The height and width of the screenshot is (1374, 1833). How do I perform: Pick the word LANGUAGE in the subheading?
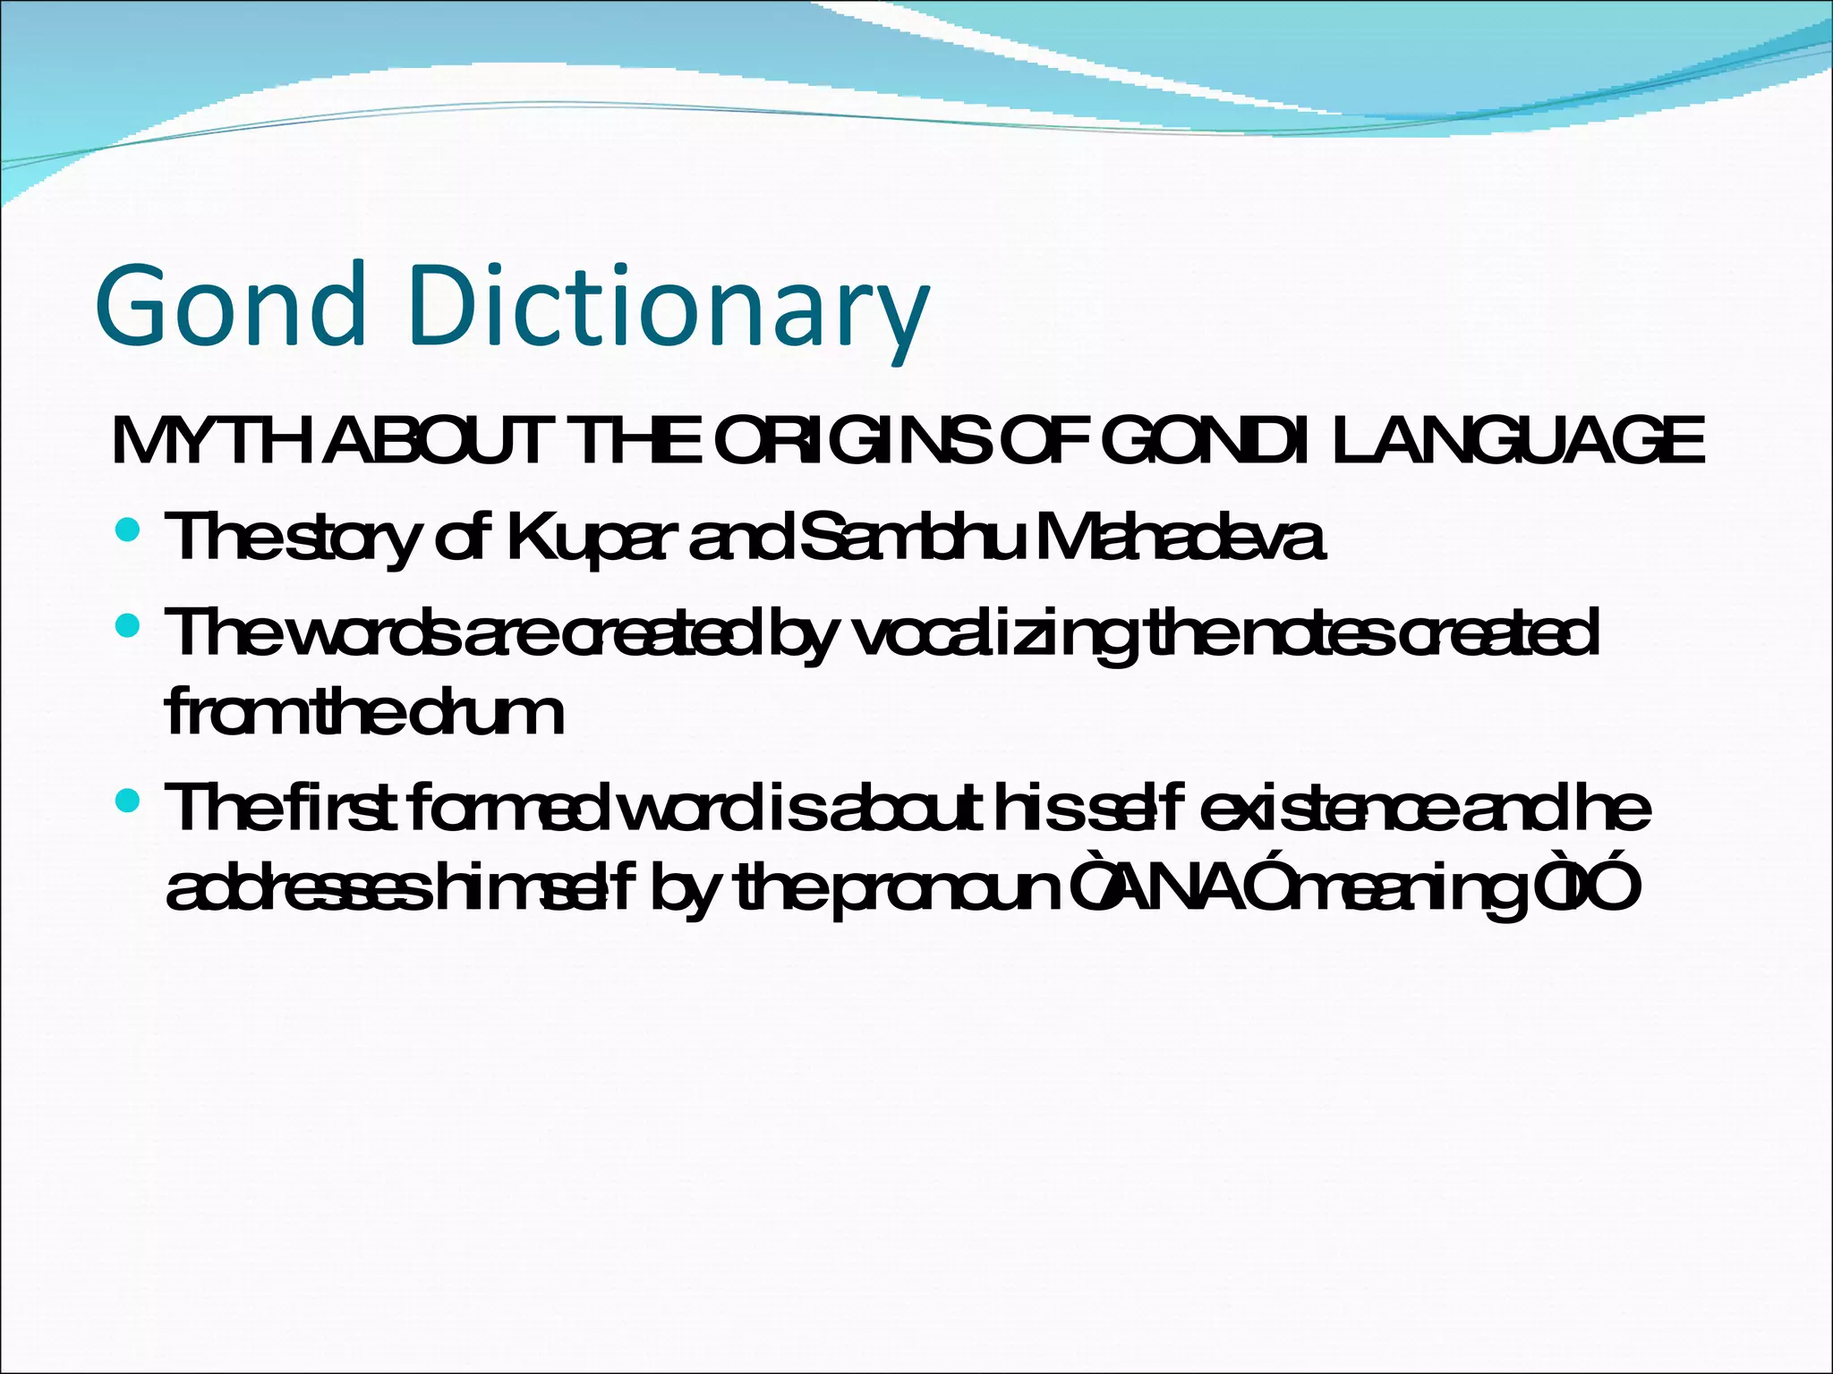(1517, 441)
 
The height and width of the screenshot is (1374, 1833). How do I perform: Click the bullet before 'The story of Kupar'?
(128, 530)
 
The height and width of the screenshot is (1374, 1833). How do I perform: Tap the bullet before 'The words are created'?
(128, 625)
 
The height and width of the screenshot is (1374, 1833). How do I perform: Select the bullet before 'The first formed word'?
(128, 800)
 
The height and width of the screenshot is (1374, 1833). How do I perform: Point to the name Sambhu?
(910, 537)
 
